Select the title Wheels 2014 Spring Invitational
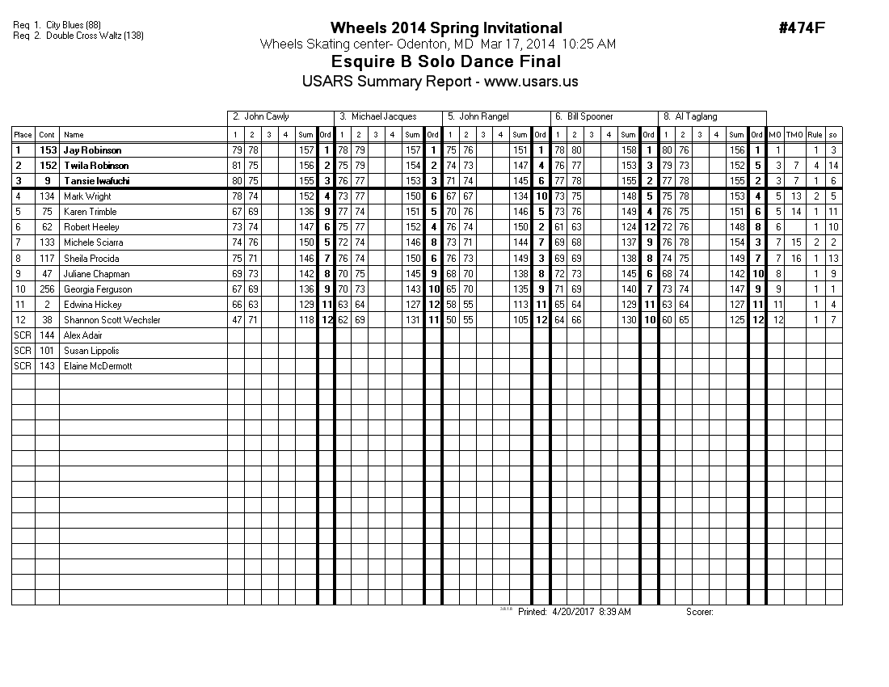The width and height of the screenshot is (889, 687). point(446,29)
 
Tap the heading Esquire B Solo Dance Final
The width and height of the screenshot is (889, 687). point(446,62)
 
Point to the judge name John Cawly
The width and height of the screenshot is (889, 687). point(265,116)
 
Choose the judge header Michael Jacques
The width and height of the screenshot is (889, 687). point(377,116)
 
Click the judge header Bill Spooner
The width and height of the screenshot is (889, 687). point(590,116)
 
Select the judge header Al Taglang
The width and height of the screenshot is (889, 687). point(694,116)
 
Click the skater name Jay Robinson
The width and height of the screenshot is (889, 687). point(92,150)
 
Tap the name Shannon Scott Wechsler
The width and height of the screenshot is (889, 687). point(112,320)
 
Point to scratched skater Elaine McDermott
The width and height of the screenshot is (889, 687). point(98,366)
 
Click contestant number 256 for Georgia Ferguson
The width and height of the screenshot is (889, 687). point(48,289)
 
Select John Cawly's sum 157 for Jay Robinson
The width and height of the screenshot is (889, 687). point(305,150)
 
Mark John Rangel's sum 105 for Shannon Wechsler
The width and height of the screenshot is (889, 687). point(520,320)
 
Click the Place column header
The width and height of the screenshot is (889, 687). point(23,135)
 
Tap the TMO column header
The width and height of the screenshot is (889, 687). point(795,135)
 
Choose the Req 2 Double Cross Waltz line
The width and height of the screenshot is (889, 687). point(78,36)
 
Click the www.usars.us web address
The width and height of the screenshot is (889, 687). point(531,82)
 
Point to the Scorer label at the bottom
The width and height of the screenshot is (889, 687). point(700,612)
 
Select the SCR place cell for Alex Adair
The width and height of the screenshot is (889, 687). point(23,335)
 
